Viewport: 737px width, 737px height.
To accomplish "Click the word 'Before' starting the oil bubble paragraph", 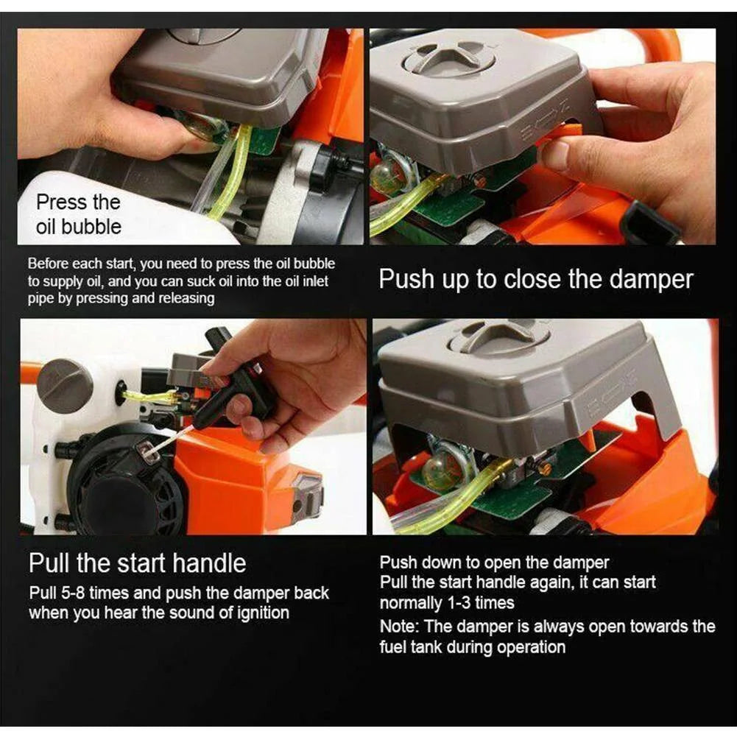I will [49, 264].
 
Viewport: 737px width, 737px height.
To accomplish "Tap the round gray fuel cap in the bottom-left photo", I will [64, 386].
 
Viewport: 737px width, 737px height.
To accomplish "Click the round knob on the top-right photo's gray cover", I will [450, 57].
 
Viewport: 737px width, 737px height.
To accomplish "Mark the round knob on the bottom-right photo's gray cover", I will [500, 337].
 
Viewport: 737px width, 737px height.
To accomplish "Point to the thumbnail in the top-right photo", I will [558, 155].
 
